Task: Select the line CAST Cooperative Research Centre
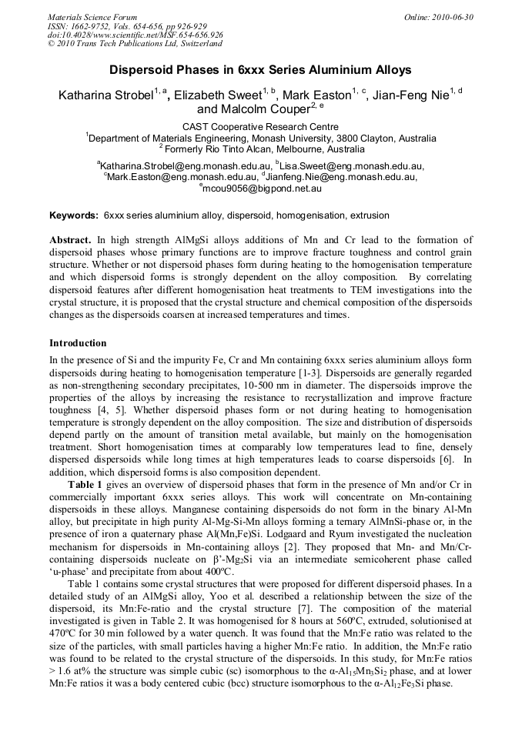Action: pyautogui.click(x=260, y=127)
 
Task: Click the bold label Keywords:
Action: pyautogui.click(x=74, y=215)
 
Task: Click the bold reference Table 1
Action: pyautogui.click(x=85, y=483)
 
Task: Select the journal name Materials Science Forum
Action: pyautogui.click(x=92, y=17)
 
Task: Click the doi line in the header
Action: pyautogui.click(x=136, y=35)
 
